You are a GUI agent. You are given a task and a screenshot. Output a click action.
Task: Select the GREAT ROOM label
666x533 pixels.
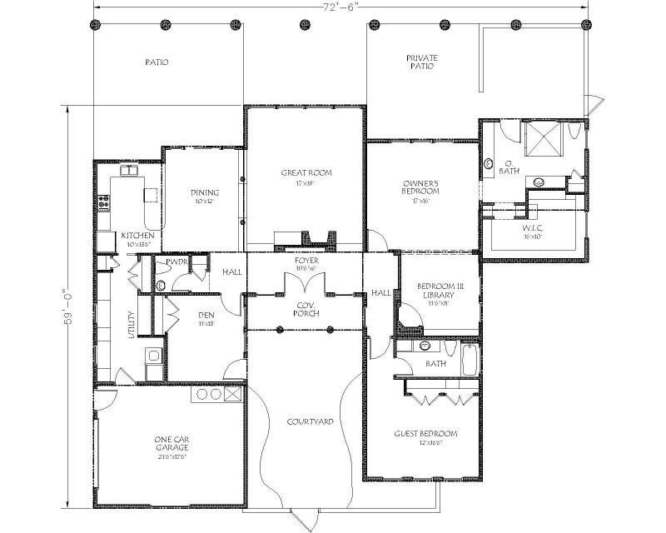click(x=306, y=173)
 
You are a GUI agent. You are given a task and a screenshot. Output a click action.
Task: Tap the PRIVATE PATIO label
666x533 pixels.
click(x=422, y=62)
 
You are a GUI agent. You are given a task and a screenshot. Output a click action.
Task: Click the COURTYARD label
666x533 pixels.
click(x=310, y=422)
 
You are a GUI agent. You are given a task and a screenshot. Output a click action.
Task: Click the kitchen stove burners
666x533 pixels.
click(x=105, y=202)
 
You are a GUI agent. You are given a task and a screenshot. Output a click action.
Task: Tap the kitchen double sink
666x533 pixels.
click(x=131, y=170)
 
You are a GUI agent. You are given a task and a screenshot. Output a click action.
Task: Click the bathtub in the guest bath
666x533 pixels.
click(x=470, y=361)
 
